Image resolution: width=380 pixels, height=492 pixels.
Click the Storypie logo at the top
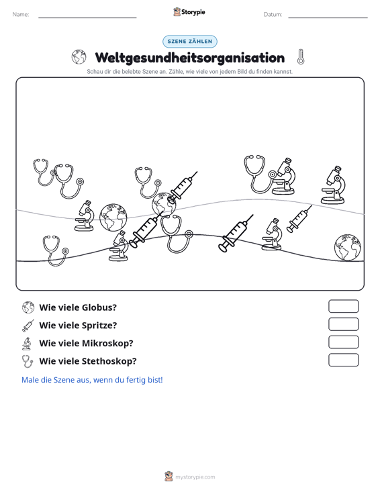[189, 12]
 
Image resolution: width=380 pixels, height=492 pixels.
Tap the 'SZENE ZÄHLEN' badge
[190, 42]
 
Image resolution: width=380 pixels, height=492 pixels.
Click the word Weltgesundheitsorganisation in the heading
[190, 58]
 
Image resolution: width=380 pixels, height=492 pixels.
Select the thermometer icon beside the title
[301, 57]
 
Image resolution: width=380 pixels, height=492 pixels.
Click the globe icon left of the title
[79, 57]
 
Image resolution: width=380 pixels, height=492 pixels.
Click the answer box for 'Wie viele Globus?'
[343, 306]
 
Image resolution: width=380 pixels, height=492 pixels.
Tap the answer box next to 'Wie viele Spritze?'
[343, 324]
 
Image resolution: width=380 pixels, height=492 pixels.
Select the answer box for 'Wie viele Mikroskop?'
[343, 342]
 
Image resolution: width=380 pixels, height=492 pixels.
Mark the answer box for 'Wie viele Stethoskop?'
[343, 360]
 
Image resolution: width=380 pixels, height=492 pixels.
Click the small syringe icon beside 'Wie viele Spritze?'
[28, 326]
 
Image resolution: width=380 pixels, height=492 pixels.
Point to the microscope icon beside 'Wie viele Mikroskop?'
[27, 344]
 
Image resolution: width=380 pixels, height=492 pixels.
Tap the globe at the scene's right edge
[347, 247]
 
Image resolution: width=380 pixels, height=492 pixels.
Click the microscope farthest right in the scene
[333, 185]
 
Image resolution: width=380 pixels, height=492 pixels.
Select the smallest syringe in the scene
[299, 219]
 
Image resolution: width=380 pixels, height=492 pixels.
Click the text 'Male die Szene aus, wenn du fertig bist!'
[92, 380]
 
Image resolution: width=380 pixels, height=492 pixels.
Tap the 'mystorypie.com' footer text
[195, 477]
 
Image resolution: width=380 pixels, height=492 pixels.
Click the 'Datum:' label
[273, 15]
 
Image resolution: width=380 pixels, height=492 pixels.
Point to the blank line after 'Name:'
[87, 17]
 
